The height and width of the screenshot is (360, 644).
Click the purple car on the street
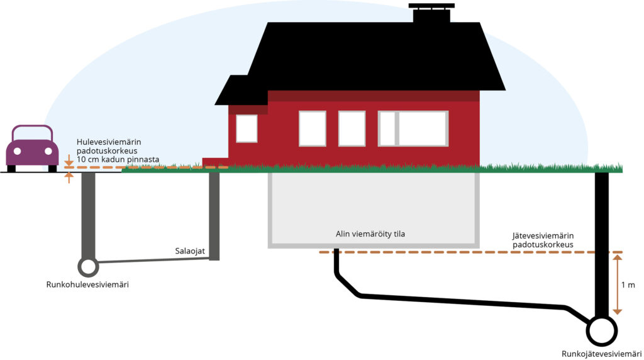pos(32,149)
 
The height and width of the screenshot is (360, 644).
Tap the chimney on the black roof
pos(431,13)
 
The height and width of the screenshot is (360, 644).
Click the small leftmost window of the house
pos(247,128)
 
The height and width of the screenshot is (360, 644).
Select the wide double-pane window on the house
pos(413,128)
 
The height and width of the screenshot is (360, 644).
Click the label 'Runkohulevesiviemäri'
pos(87,284)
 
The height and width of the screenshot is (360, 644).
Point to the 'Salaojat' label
pos(190,251)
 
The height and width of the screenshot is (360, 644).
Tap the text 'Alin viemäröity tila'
pos(370,234)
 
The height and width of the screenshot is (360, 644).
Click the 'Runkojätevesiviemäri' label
pos(602,354)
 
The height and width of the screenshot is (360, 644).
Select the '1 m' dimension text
pos(628,285)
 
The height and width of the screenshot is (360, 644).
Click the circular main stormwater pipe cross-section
pos(88,267)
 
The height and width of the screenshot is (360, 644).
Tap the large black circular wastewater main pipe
pos(602,331)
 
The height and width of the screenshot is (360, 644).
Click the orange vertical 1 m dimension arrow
pos(618,284)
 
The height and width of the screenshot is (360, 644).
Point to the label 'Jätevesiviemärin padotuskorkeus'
pos(543,240)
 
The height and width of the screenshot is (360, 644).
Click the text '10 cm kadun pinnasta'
pos(118,159)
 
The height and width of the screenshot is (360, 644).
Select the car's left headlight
pos(17,151)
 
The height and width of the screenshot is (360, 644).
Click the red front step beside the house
pos(215,162)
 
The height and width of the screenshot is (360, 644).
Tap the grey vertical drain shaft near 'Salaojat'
pos(214,216)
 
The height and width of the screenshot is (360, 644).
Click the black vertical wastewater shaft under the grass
pos(602,245)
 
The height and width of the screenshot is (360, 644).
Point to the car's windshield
pos(33,134)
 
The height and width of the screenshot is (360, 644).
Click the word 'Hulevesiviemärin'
pos(109,142)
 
